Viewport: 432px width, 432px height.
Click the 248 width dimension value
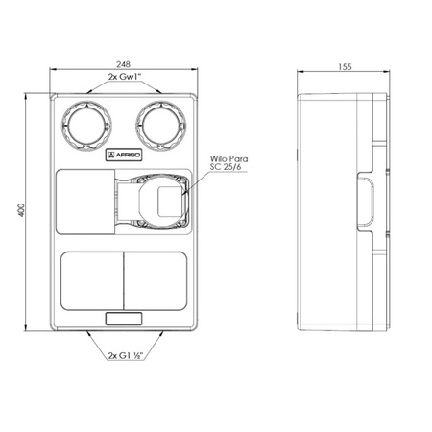(124, 64)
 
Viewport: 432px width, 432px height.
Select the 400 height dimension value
(21, 210)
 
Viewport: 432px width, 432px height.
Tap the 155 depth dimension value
(345, 67)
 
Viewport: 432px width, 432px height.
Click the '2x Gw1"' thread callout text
(125, 77)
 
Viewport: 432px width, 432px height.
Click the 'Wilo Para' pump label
(228, 158)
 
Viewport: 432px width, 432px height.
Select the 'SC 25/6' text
(226, 167)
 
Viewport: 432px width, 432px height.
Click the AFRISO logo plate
(124, 156)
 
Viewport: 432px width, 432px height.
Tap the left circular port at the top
(86, 126)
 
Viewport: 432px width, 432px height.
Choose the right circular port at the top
(160, 126)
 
